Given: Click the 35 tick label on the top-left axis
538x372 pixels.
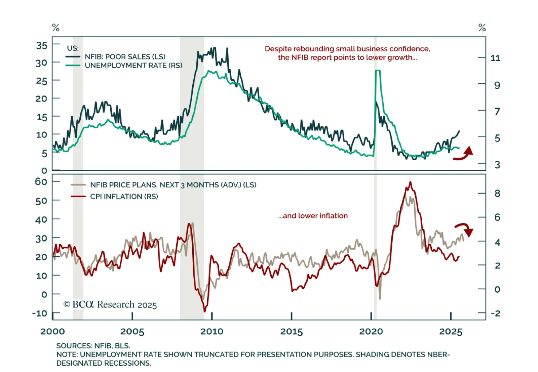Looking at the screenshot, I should coord(42,45).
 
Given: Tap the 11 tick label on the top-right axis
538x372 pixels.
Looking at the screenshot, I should coord(495,58).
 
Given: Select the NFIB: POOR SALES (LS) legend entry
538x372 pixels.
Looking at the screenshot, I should coord(125,56).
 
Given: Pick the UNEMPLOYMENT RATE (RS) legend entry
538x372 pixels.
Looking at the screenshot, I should coord(133,65).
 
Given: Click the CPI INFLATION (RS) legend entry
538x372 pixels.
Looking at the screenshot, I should coord(124,196).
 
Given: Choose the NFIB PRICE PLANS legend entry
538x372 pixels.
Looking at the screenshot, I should coord(173,185).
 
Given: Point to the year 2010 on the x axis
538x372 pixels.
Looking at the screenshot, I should coord(212,332).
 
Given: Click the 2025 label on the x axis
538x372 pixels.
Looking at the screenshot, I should coord(451,332).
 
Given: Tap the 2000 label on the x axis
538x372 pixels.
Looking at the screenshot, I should coord(52,332).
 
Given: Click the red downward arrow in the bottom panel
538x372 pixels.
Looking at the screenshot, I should coord(465,229).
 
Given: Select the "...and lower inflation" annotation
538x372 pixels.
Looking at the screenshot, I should coord(313,216).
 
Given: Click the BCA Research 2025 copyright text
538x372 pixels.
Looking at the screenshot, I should coord(110,304).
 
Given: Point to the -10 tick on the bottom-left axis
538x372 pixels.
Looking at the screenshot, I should coord(40,313).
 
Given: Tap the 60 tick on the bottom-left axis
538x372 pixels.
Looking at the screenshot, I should coord(41,181).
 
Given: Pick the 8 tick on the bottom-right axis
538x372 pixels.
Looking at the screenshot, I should coord(497,194).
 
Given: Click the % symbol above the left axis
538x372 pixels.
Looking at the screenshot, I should coord(56,28).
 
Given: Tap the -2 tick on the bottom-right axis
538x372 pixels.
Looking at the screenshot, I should coord(496,313).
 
